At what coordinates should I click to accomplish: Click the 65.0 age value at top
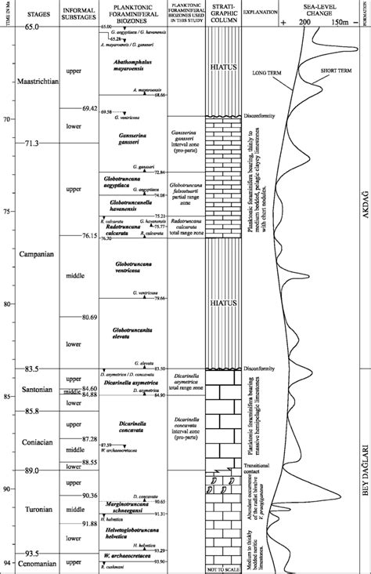click(32, 27)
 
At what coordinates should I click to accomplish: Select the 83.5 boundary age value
click(31, 369)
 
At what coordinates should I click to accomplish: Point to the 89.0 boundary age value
click(31, 470)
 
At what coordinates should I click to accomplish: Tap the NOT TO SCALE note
click(222, 568)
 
